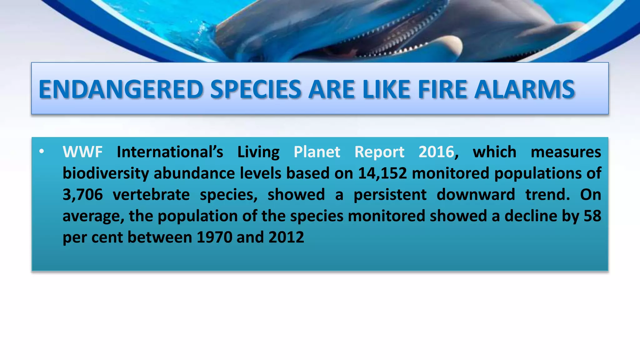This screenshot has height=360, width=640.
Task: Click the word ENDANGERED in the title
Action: pyautogui.click(x=121, y=90)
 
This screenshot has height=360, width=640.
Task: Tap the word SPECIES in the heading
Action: pyautogui.click(x=256, y=90)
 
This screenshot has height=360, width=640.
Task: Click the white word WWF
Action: pyautogui.click(x=82, y=152)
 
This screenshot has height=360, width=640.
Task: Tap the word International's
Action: pyautogui.click(x=170, y=152)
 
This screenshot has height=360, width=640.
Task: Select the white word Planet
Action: pyautogui.click(x=317, y=152)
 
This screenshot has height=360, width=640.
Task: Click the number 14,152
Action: pyautogui.click(x=382, y=173)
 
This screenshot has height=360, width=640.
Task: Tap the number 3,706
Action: pyautogui.click(x=82, y=195)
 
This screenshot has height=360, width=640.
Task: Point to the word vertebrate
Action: pyautogui.click(x=151, y=195)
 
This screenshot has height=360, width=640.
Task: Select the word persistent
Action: pyautogui.click(x=390, y=195)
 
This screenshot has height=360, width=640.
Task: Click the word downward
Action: pyautogui.click(x=476, y=195)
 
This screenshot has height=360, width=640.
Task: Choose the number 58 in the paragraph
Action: pyautogui.click(x=592, y=216)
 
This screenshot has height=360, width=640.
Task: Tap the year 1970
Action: pyautogui.click(x=214, y=237)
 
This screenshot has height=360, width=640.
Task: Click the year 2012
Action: pyautogui.click(x=286, y=237)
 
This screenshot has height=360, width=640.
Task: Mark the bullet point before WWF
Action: pyautogui.click(x=42, y=152)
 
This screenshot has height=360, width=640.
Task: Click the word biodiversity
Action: pyautogui.click(x=106, y=174)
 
